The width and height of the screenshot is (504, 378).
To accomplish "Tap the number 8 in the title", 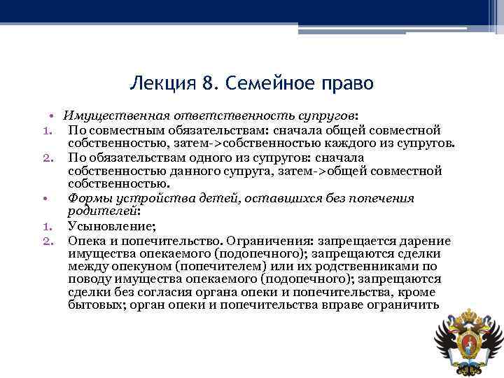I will [x=206, y=84].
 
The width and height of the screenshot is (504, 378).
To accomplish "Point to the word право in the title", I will [x=344, y=84].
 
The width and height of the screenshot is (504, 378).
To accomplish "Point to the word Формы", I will [x=87, y=198].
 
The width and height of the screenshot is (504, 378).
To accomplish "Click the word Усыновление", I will [x=109, y=225].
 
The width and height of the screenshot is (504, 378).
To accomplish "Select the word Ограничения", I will [x=253, y=239].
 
